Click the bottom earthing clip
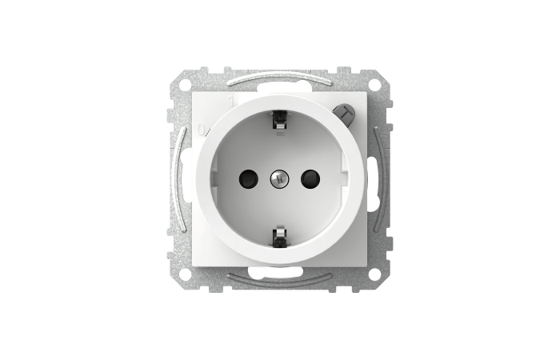[x=280, y=237]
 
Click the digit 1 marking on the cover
[x=233, y=102]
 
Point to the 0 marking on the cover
[x=200, y=130]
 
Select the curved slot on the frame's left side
[x=179, y=178]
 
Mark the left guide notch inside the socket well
[x=217, y=178]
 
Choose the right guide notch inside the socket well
[x=342, y=178]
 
